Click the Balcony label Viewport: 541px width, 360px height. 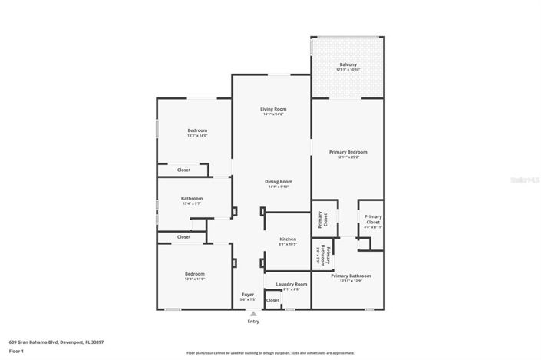(x=347, y=64)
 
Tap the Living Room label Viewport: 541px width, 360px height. (x=272, y=109)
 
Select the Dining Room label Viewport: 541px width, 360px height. (x=279, y=181)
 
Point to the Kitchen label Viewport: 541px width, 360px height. (x=287, y=239)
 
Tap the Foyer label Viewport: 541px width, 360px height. (x=248, y=294)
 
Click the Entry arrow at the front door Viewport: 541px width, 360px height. (x=252, y=313)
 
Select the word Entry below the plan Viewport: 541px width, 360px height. (x=252, y=321)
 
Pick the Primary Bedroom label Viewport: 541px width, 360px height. (x=347, y=152)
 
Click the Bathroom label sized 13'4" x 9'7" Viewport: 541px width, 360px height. (x=192, y=199)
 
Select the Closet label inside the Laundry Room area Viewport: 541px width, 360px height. (x=272, y=300)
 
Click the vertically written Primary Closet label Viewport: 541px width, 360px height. (x=323, y=220)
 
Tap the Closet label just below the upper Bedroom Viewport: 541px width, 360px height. (x=183, y=170)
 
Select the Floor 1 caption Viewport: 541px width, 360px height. (x=16, y=351)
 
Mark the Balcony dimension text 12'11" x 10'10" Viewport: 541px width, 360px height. (x=347, y=70)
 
